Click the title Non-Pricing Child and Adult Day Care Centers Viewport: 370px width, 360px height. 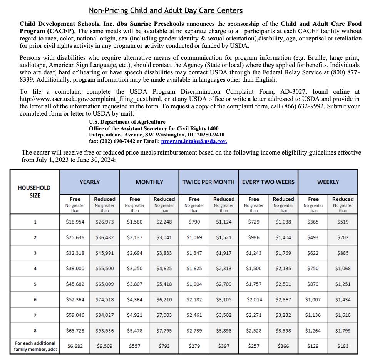pos(166,11)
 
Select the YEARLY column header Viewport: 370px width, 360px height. pos(90,182)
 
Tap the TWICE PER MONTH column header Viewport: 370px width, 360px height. pos(208,182)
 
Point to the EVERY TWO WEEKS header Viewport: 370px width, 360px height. pos(268,182)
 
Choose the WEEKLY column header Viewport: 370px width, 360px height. pos(328,182)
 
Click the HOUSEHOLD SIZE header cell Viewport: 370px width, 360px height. pos(34,192)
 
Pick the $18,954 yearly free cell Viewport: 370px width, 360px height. pos(75,222)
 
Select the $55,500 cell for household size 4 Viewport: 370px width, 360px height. pos(105,269)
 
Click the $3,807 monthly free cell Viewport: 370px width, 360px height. pos(134,284)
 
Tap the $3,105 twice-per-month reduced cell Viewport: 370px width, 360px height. pos(224,299)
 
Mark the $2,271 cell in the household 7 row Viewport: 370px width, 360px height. pos(254,315)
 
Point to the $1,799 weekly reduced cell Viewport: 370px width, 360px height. pos(343,330)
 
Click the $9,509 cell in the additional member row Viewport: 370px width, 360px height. pos(105,346)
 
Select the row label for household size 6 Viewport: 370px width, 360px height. pos(35,299)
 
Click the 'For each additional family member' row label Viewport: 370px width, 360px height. pos(35,346)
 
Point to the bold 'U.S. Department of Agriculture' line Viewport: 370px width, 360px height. pos(127,122)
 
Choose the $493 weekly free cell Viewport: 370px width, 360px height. pos(313,237)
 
